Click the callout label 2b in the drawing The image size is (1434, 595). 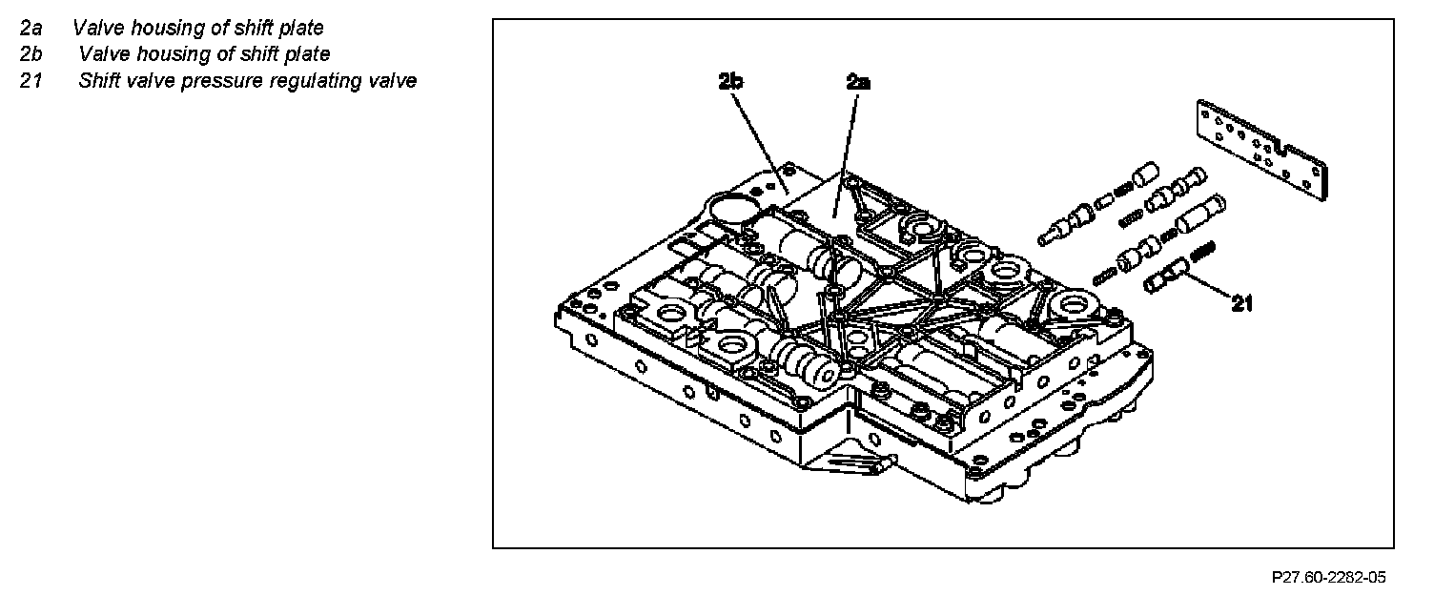(x=731, y=82)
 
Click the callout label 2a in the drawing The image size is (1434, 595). (x=858, y=82)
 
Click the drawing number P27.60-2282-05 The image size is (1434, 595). (x=1328, y=577)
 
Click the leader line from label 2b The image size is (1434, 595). (x=759, y=138)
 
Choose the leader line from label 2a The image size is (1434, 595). (x=847, y=153)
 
